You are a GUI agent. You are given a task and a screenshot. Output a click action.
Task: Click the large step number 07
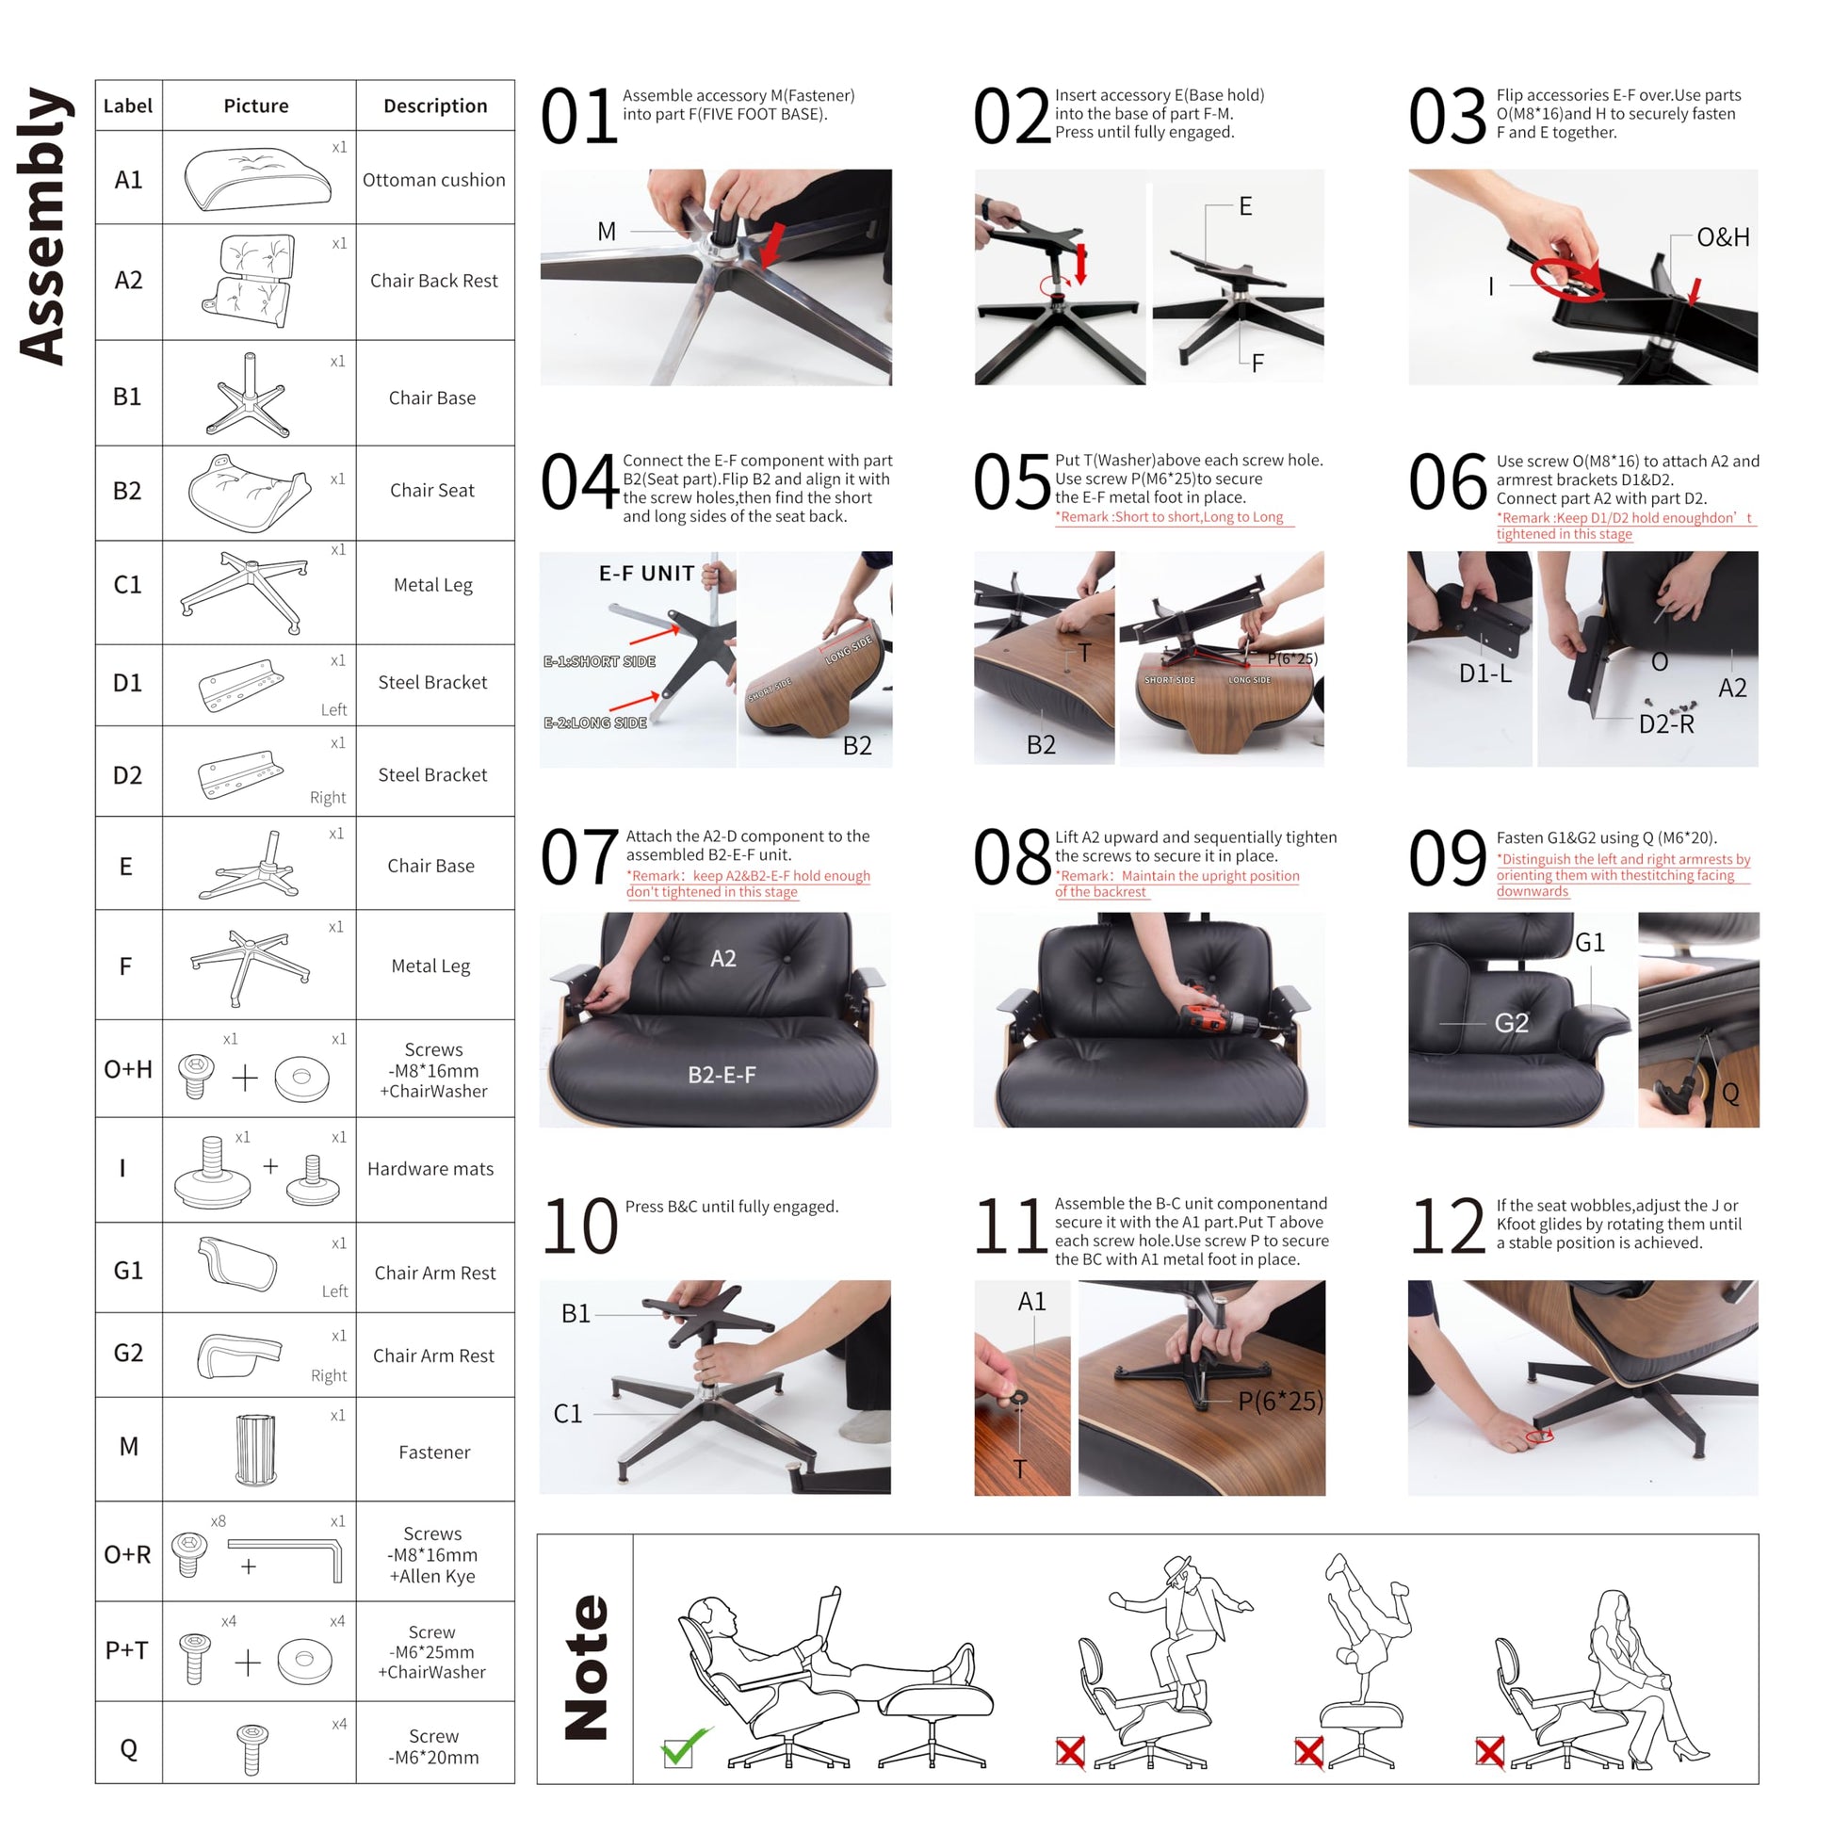(579, 858)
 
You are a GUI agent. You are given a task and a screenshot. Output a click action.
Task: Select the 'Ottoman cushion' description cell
(435, 179)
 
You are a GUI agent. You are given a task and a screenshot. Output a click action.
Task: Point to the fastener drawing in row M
(255, 1450)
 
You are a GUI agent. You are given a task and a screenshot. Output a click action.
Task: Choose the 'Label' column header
(128, 105)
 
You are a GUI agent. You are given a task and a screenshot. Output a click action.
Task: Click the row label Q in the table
(129, 1748)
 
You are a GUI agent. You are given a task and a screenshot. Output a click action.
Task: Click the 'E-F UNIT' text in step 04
(646, 574)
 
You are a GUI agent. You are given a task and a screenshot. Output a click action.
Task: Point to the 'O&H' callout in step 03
(1723, 237)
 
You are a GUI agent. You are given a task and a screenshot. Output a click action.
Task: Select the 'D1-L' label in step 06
(1485, 674)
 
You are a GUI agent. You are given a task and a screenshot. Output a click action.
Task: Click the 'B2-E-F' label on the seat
(722, 1075)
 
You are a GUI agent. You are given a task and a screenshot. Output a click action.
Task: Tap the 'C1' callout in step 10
(568, 1414)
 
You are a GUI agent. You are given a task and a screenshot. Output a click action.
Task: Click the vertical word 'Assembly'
(41, 226)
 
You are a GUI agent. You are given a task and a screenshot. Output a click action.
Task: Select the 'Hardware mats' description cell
(431, 1169)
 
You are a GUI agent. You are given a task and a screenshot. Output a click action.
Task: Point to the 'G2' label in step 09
(1511, 1022)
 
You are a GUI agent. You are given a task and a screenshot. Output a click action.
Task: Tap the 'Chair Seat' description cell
(433, 490)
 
